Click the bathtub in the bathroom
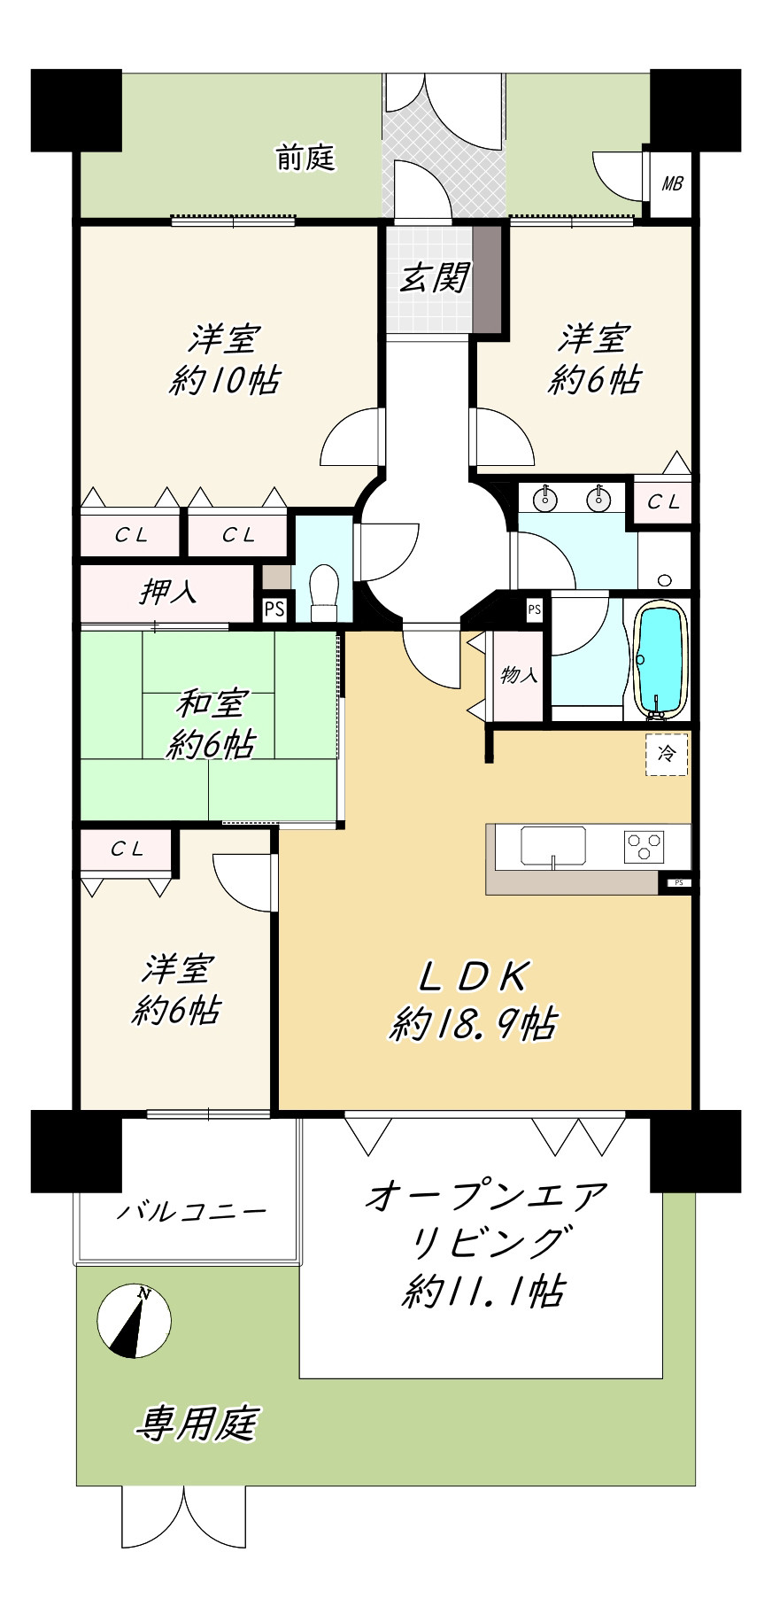(x=660, y=659)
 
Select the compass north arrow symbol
(x=135, y=1321)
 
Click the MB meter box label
(x=673, y=184)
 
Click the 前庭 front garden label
(x=305, y=159)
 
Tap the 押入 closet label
(x=167, y=592)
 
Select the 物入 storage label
(x=519, y=675)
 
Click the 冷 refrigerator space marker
(x=667, y=755)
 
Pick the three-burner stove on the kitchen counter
(x=645, y=847)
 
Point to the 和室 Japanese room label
(x=210, y=704)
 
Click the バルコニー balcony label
(x=192, y=1210)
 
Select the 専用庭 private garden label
(x=197, y=1424)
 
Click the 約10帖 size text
(x=226, y=381)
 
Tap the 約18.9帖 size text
(x=474, y=1024)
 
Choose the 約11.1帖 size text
(x=483, y=1292)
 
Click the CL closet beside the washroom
(x=662, y=502)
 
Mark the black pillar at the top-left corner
(x=76, y=110)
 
